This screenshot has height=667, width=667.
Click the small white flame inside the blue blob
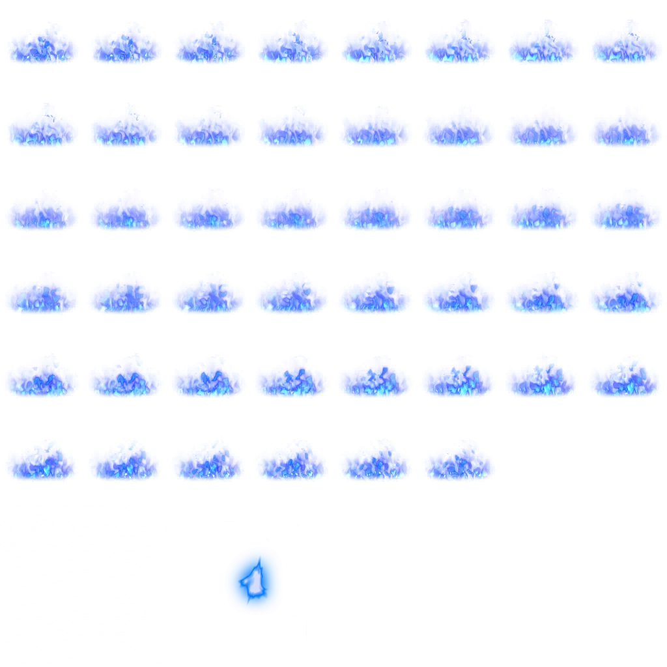[x=254, y=581]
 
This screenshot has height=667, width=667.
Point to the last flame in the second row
[x=625, y=128]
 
